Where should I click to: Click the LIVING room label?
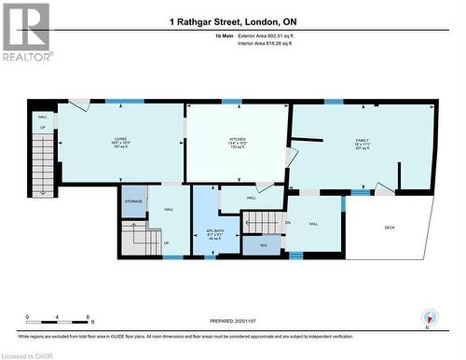click(x=120, y=138)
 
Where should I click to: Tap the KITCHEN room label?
click(x=238, y=138)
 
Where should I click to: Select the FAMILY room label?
click(x=362, y=138)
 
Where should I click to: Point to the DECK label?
click(x=390, y=227)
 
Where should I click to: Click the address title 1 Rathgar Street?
click(x=232, y=21)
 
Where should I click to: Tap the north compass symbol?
click(x=429, y=318)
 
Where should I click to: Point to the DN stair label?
click(x=288, y=223)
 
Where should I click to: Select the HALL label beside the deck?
click(x=314, y=224)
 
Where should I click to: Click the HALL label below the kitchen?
click(x=252, y=198)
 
